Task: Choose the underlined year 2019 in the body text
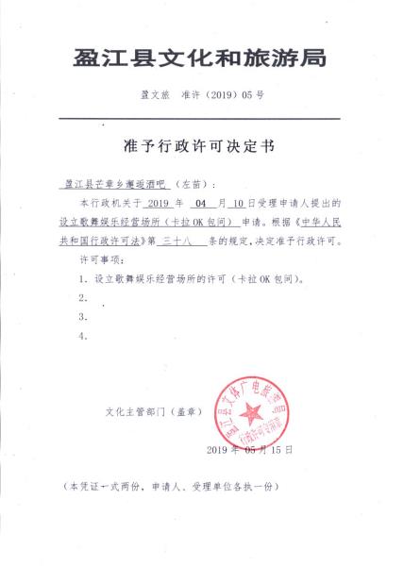pos(162,203)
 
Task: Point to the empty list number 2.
pos(84,298)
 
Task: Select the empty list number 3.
pos(84,317)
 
